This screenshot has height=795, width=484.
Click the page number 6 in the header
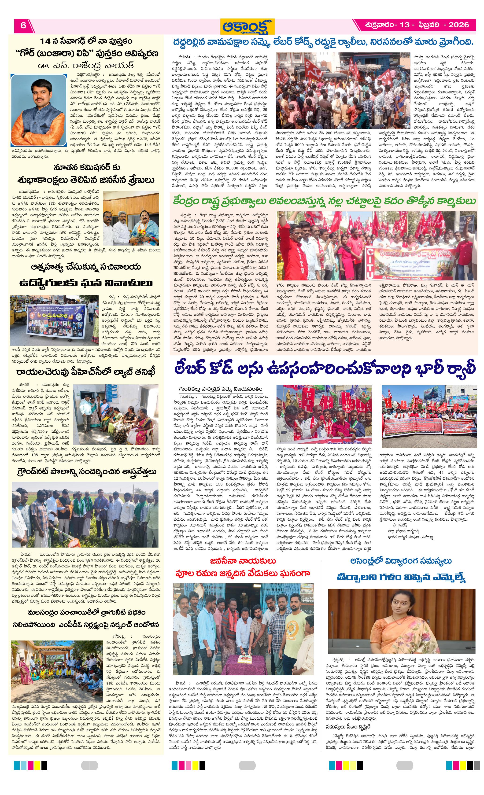(23, 26)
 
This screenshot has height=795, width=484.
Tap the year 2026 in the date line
(458, 25)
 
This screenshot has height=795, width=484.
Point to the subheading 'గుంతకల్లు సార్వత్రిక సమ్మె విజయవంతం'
(221, 389)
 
